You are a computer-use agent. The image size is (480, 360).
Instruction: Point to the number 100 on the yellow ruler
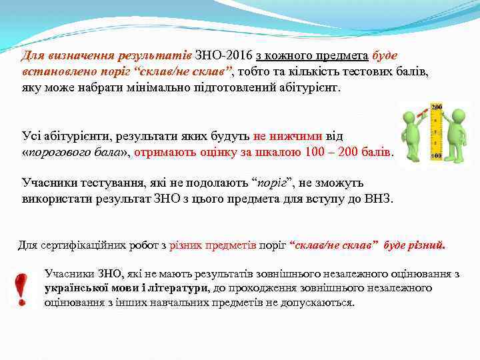tap(437, 155)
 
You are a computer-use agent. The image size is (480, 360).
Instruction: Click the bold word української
tap(75, 288)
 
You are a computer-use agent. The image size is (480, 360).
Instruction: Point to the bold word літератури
tap(175, 288)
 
